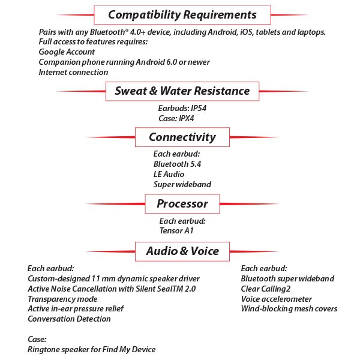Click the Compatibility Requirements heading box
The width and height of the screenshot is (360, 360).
[182, 14]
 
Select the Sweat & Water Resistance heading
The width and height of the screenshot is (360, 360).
[182, 91]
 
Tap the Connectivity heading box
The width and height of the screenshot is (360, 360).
[182, 137]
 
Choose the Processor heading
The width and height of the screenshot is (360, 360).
[182, 204]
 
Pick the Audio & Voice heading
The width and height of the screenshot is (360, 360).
[182, 251]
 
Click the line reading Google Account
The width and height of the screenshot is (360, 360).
[67, 52]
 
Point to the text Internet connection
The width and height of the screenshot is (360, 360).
[73, 72]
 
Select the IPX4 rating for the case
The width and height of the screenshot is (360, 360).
[190, 118]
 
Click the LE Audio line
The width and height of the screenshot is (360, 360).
[169, 174]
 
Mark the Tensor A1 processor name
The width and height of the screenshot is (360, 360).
[176, 230]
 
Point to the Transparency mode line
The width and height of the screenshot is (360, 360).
[62, 299]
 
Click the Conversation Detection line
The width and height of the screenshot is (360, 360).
[69, 319]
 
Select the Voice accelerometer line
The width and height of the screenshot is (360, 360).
[276, 299]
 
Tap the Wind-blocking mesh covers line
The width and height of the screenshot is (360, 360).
[289, 309]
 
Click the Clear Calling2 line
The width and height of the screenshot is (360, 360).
[266, 289]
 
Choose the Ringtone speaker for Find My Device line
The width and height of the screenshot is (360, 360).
[91, 349]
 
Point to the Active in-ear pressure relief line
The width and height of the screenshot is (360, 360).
[76, 309]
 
